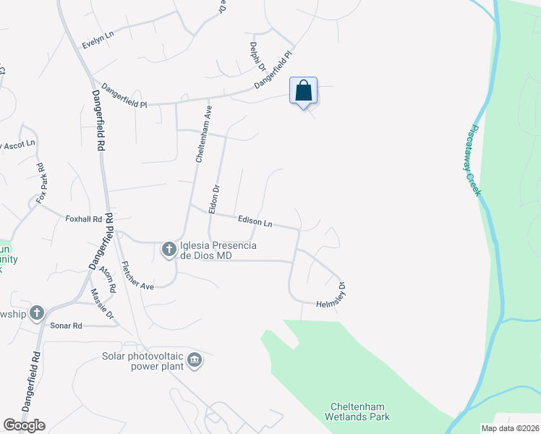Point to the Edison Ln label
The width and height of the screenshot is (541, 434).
255,221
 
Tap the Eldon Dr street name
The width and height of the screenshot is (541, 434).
215,197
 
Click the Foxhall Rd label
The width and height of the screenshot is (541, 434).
83,218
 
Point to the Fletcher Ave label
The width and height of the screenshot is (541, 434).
137,275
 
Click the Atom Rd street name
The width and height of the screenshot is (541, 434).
108,278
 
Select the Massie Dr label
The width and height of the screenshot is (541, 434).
103,305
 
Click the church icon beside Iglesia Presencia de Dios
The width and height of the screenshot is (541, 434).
169,250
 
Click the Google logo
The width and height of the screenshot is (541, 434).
24,425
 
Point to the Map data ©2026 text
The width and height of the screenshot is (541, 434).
509,428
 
